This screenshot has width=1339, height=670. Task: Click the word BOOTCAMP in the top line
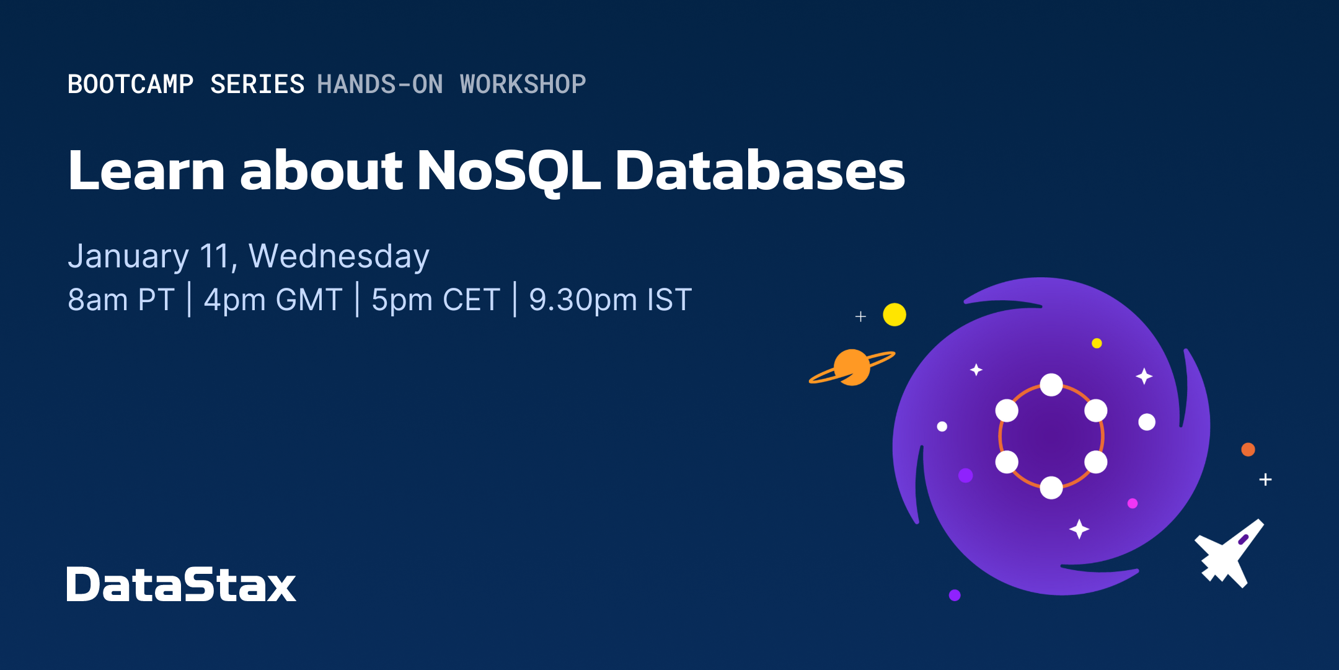tap(130, 84)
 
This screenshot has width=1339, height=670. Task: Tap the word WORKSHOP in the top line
tap(523, 84)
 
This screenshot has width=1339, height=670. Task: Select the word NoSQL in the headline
tap(508, 171)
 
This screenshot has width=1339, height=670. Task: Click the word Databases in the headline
tap(759, 171)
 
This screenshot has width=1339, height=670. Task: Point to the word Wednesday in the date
tap(338, 256)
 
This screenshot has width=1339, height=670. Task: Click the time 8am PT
tap(121, 300)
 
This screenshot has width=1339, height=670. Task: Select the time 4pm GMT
tap(273, 300)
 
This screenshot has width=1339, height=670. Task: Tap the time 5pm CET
tap(435, 300)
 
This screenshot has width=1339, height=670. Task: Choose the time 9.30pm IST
tap(610, 300)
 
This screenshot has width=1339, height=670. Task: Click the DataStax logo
tap(181, 584)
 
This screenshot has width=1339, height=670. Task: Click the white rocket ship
tap(1229, 554)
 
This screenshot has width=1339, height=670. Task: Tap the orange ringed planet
tap(852, 367)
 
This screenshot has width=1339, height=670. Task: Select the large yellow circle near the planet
tap(895, 315)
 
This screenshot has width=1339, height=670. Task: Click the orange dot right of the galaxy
tap(1248, 449)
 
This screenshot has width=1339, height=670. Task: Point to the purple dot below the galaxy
tap(955, 595)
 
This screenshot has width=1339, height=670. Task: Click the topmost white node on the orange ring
tap(1051, 385)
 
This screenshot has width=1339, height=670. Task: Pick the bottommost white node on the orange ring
tap(1051, 488)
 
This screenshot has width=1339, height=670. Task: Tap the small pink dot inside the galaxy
tap(1133, 503)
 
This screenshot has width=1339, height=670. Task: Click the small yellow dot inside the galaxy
tap(1097, 343)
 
